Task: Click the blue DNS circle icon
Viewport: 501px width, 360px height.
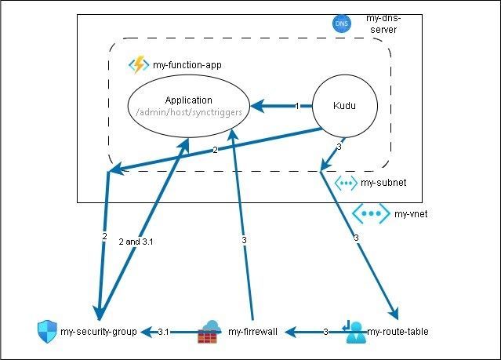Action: tap(342, 24)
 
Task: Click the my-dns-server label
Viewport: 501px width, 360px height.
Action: tap(382, 24)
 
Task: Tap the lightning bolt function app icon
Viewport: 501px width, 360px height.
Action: tap(139, 64)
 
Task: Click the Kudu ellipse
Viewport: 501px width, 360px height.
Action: tap(345, 105)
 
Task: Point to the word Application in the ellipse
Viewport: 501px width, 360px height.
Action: tap(188, 100)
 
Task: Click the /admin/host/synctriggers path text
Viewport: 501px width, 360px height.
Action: tap(188, 113)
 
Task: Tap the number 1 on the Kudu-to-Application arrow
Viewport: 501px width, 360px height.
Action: tap(297, 106)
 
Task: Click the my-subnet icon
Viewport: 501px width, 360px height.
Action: tap(345, 183)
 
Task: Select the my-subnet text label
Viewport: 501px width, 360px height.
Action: tap(383, 184)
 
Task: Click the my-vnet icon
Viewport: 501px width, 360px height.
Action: tap(368, 213)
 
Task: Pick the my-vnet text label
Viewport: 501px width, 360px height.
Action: tap(410, 213)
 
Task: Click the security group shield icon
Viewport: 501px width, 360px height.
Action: tap(47, 332)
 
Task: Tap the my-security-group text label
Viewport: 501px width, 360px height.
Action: tap(99, 333)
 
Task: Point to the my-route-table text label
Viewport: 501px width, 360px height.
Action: tap(398, 333)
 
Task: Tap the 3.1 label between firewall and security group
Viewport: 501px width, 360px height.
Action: tap(165, 333)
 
